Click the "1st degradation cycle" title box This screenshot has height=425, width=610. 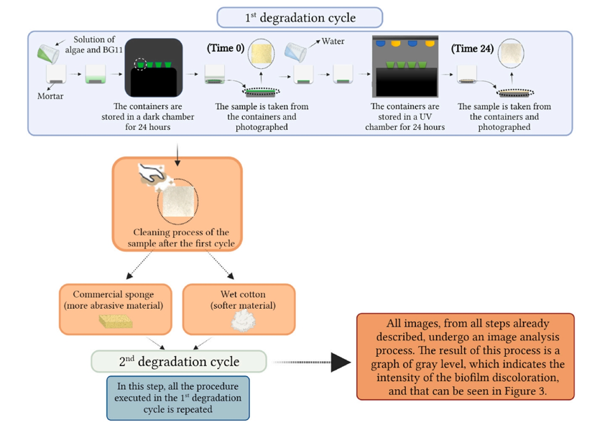click(x=300, y=17)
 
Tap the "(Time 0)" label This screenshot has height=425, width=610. click(x=226, y=48)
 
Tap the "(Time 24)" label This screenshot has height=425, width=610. click(x=472, y=49)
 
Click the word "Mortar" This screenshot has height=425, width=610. click(x=50, y=96)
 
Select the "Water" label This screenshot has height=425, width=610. click(x=333, y=42)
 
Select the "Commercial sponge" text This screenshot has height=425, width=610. click(x=114, y=295)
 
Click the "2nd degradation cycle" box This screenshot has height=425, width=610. click(x=179, y=361)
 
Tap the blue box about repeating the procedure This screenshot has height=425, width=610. click(x=177, y=398)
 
